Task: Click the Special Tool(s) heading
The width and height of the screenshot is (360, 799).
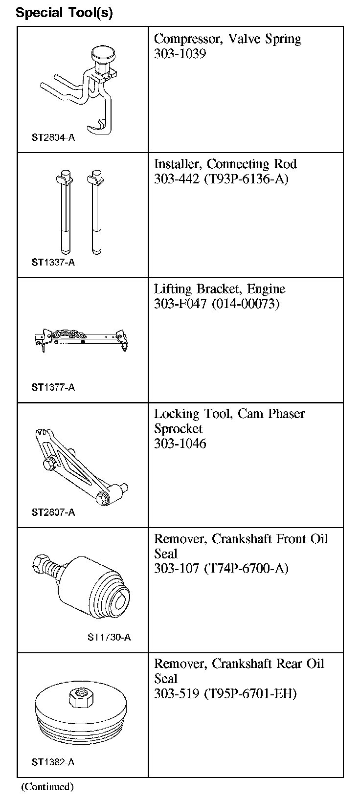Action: point(64,13)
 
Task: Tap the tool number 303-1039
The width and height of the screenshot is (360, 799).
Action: point(180,54)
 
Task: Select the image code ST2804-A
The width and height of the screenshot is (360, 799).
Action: point(53,137)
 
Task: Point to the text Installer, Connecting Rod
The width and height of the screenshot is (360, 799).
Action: point(225,164)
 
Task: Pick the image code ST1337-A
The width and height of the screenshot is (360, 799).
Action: point(53,263)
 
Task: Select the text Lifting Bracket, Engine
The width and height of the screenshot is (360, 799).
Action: point(220,289)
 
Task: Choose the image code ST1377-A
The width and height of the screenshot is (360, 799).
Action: point(53,388)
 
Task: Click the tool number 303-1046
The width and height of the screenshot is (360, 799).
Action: point(180,444)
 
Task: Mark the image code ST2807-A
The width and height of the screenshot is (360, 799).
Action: point(53,512)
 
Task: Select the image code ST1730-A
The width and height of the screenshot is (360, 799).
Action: point(109,637)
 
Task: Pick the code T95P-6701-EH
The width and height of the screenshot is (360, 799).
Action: point(250,693)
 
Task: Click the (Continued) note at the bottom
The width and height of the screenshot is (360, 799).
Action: point(47,787)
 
